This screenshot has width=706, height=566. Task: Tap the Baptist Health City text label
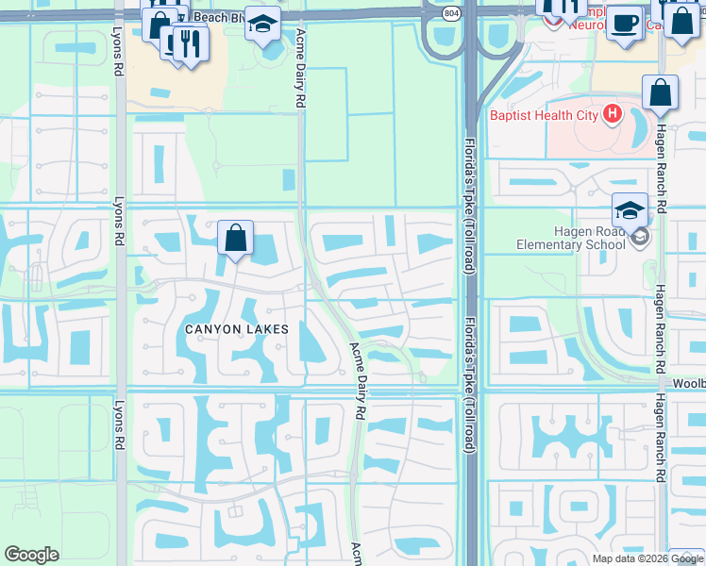point(544,115)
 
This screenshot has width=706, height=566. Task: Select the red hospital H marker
point(613,115)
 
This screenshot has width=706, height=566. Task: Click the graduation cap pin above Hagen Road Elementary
point(630,209)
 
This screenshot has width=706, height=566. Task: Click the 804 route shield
point(454,11)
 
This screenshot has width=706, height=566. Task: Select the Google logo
point(31,555)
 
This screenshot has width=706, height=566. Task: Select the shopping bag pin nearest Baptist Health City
point(660,93)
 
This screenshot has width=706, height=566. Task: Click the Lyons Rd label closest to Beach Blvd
point(118,57)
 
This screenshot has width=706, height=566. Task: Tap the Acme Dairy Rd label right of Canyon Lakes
point(359,380)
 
